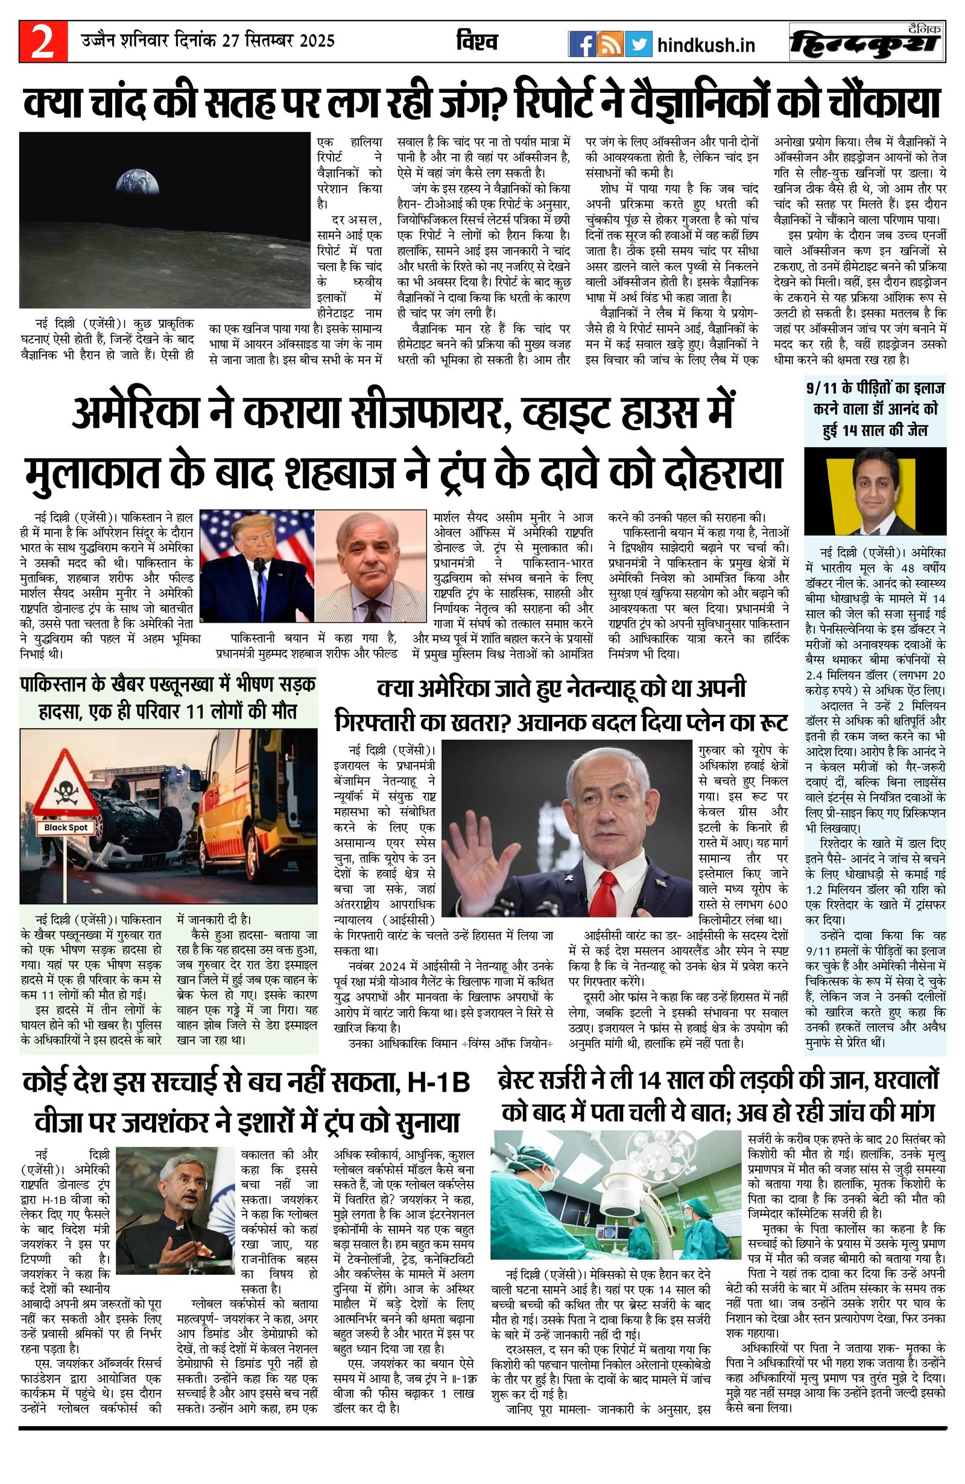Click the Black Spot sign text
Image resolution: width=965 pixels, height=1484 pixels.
(x=66, y=828)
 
